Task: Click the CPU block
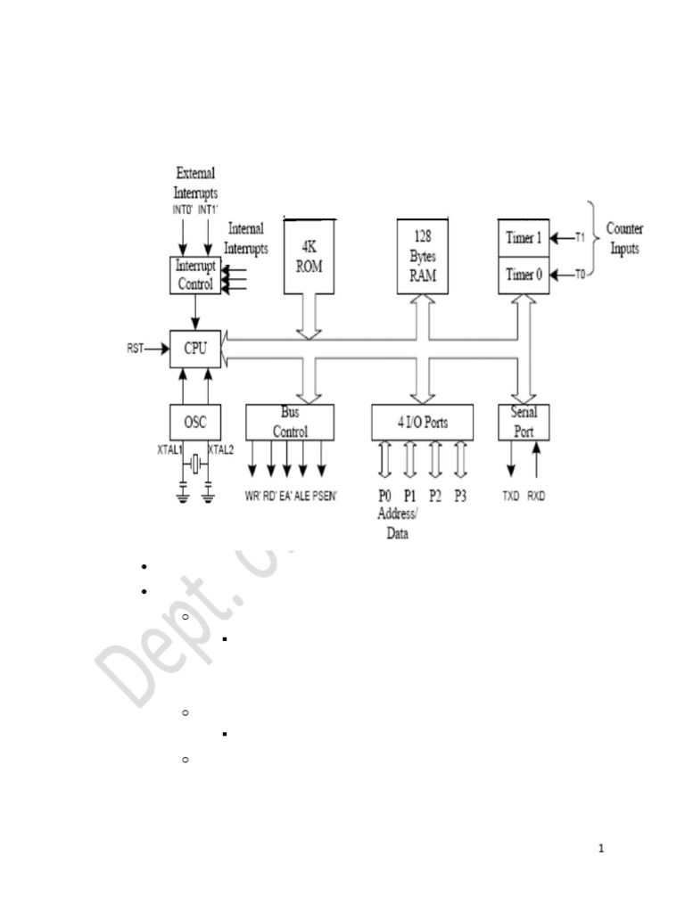[x=194, y=349]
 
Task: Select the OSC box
[x=194, y=421]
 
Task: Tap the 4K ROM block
[x=308, y=255]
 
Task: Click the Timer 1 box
[x=523, y=238]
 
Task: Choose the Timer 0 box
[x=523, y=275]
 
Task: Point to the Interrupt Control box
[x=194, y=276]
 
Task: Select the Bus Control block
[x=290, y=422]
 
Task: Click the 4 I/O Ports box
[x=422, y=423]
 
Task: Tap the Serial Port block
[x=524, y=422]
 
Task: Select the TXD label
[x=511, y=496]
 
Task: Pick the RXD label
[x=536, y=496]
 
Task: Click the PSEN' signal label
[x=324, y=496]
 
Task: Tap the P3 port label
[x=460, y=496]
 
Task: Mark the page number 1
[x=601, y=848]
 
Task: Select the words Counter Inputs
[x=624, y=239]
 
